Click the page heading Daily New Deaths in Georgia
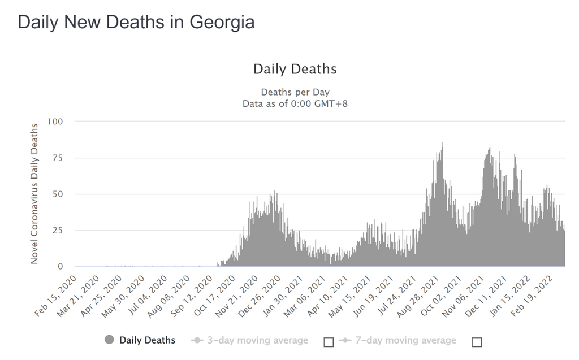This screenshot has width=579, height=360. tap(136, 22)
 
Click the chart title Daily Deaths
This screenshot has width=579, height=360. tap(295, 69)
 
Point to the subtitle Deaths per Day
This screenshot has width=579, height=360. tap(295, 92)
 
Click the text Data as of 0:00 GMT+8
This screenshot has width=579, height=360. tap(295, 103)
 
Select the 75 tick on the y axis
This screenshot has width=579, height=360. tap(57, 158)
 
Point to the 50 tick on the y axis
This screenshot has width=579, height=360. tap(57, 194)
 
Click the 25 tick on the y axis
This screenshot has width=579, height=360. tap(57, 230)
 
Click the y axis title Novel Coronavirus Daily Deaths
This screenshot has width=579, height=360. tap(34, 193)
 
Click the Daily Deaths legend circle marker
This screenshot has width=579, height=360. tap(110, 340)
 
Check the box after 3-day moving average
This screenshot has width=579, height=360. tap(329, 341)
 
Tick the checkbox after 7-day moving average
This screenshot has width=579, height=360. tap(477, 341)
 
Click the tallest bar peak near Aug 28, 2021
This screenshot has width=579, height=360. tap(442, 144)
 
